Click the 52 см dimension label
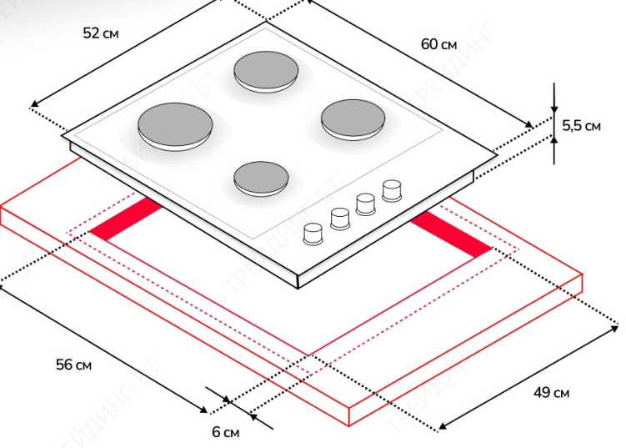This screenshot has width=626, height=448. pyautogui.click(x=101, y=33)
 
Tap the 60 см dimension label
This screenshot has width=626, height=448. pyautogui.click(x=439, y=43)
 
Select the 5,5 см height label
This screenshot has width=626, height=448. pyautogui.click(x=581, y=126)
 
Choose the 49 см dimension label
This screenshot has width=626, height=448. pyautogui.click(x=552, y=393)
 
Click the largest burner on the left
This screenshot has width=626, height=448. pyautogui.click(x=175, y=124)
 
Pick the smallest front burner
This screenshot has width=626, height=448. pyautogui.click(x=262, y=177)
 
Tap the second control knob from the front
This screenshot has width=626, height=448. pyautogui.click(x=339, y=218)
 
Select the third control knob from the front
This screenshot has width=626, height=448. pyautogui.click(x=365, y=204)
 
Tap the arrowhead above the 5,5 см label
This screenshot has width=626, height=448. pyautogui.click(x=554, y=109)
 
